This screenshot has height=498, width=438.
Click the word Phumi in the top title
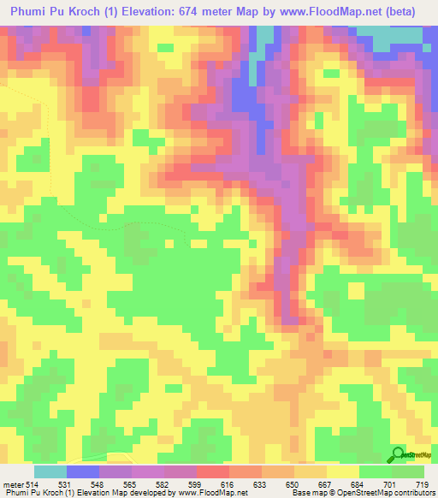(35, 12)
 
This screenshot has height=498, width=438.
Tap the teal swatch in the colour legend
(50, 472)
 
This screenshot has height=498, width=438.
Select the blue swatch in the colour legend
(83, 472)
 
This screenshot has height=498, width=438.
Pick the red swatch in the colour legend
(213, 472)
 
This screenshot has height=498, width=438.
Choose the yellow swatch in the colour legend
(343, 472)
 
